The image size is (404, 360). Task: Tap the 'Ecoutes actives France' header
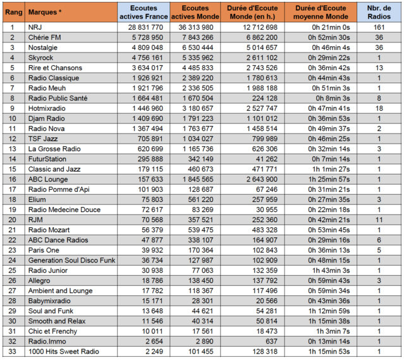(x=142, y=11)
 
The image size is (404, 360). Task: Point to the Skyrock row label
(x=42, y=58)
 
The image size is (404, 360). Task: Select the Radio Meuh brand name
(x=48, y=88)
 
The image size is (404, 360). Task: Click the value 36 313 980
(x=196, y=27)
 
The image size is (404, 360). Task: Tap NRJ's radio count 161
(x=379, y=27)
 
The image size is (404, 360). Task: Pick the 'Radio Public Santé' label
(x=58, y=98)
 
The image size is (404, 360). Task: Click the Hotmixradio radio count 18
(x=379, y=108)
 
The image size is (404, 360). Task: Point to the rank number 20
(x=12, y=220)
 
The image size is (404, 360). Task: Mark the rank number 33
(x=12, y=352)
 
